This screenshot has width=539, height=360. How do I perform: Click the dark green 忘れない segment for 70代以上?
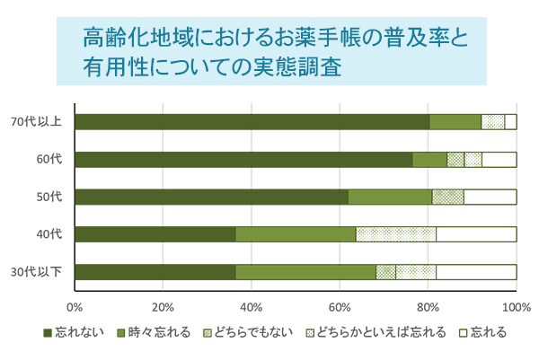pos(252,122)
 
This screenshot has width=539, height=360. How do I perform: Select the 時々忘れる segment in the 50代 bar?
pos(390,198)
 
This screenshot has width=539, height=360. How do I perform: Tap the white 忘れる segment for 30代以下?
pos(476,272)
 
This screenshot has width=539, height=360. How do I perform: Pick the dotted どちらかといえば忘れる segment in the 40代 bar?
pos(396,234)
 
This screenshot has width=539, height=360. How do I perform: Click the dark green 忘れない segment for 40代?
pos(155,234)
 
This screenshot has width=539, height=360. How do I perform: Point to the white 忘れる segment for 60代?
pos(499,160)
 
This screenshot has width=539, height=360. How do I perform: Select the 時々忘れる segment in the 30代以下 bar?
pos(305,272)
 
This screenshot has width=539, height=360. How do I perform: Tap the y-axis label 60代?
pos(49,160)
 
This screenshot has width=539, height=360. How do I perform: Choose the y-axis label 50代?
pos(49,198)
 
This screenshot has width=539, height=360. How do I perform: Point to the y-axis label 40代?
pos(49,234)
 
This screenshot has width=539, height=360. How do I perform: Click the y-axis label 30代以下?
pos(36,272)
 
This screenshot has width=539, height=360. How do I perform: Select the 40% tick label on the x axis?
pos(251,307)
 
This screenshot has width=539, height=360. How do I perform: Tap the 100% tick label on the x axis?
pos(516,307)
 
